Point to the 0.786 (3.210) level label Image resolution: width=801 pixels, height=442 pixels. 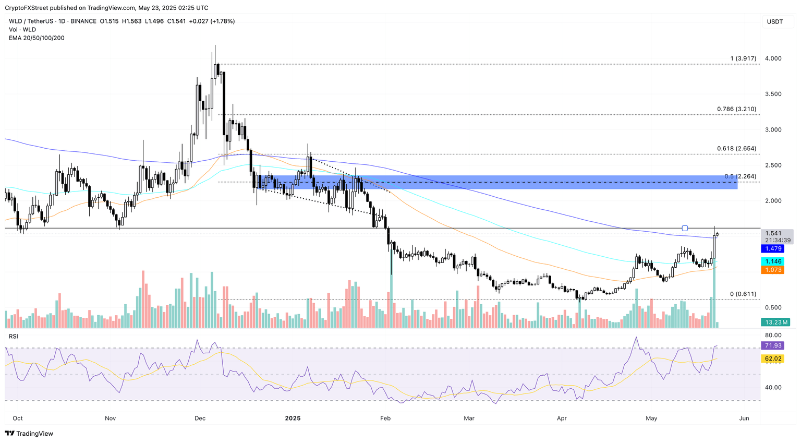pos(736,109)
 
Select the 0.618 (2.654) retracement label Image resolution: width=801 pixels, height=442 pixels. pos(736,149)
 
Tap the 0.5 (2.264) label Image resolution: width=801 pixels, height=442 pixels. pos(740,176)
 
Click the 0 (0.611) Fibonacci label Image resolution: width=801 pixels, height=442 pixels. pos(743,294)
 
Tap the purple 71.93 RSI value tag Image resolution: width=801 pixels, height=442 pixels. pos(773,345)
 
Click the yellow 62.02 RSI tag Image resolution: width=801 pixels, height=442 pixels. pos(773,359)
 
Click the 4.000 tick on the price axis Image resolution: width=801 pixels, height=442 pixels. pos(773,58)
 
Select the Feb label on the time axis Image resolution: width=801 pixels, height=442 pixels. pos(385,418)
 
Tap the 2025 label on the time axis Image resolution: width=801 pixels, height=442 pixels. pos(293,418)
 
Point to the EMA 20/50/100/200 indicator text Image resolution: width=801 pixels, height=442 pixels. pos(37,38)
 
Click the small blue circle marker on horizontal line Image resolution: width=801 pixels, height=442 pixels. pos(685,228)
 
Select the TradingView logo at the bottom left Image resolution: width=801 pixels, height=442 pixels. pos(29,433)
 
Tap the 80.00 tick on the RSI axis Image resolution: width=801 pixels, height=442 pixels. pos(773,335)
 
